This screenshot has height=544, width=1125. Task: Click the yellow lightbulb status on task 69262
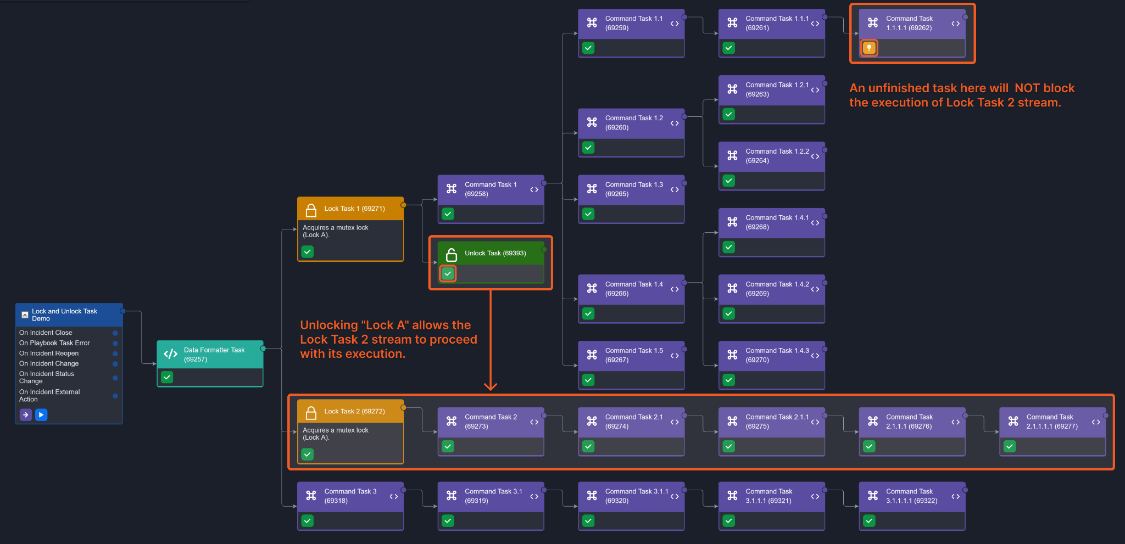868,48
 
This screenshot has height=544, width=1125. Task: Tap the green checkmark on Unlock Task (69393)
448,273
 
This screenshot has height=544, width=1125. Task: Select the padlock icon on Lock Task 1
311,210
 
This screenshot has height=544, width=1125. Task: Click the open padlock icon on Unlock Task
452,254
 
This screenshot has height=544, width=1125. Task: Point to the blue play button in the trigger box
41,415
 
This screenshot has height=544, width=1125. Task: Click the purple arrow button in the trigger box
26,415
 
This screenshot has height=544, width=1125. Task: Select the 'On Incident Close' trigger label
46,333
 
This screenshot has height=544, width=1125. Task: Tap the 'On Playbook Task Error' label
54,343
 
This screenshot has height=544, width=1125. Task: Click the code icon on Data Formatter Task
171,354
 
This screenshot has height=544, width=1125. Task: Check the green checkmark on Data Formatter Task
167,377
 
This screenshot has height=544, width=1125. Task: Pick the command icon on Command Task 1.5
592,355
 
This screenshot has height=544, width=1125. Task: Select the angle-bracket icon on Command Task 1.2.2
815,156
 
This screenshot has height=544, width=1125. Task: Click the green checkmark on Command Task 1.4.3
728,380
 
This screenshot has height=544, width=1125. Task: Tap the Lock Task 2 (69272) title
354,411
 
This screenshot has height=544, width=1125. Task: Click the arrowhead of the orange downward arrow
491,386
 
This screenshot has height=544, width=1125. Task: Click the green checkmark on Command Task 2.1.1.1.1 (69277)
1010,446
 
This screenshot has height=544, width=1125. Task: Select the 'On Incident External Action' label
49,395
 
